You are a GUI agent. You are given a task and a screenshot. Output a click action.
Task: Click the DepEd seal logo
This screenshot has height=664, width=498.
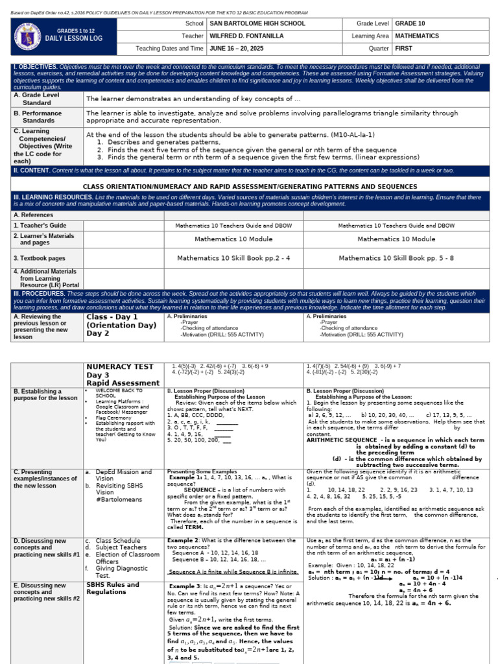pos(30,35)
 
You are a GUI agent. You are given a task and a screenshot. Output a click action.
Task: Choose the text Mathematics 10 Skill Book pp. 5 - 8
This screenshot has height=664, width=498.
pos(396,257)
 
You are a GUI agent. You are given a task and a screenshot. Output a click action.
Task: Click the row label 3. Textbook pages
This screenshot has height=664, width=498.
pos(40,258)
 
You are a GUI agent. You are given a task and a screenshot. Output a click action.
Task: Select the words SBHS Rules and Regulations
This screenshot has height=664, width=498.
pos(113,588)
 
